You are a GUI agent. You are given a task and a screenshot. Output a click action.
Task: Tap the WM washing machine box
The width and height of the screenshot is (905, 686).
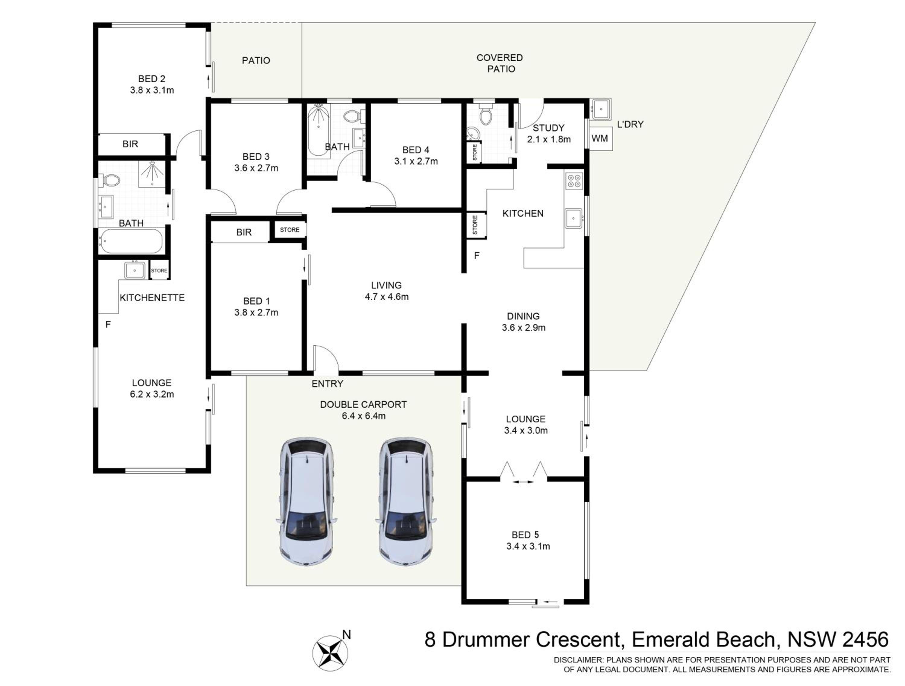(x=600, y=139)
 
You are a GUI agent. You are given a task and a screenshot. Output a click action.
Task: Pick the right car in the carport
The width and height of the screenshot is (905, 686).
(x=405, y=501)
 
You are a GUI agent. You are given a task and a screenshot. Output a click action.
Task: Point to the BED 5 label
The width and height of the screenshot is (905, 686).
(x=525, y=535)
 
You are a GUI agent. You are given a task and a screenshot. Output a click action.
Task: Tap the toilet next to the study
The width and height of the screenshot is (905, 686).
(x=486, y=115)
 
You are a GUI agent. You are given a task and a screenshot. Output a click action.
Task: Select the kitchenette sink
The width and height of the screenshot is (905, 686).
(x=135, y=270)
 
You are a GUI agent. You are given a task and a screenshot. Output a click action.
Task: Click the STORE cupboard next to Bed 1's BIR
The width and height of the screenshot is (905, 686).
(x=290, y=230)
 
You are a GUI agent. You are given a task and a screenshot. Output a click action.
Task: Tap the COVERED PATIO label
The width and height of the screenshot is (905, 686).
(x=500, y=63)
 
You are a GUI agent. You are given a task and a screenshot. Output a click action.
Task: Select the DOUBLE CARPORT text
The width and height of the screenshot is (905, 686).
(x=363, y=405)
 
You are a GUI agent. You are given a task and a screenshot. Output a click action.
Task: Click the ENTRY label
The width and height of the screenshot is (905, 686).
(x=327, y=384)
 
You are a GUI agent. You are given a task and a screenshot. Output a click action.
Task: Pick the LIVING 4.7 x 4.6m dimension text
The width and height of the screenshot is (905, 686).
(x=387, y=297)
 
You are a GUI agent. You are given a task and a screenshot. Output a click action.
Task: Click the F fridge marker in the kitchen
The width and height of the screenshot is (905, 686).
(x=477, y=256)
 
